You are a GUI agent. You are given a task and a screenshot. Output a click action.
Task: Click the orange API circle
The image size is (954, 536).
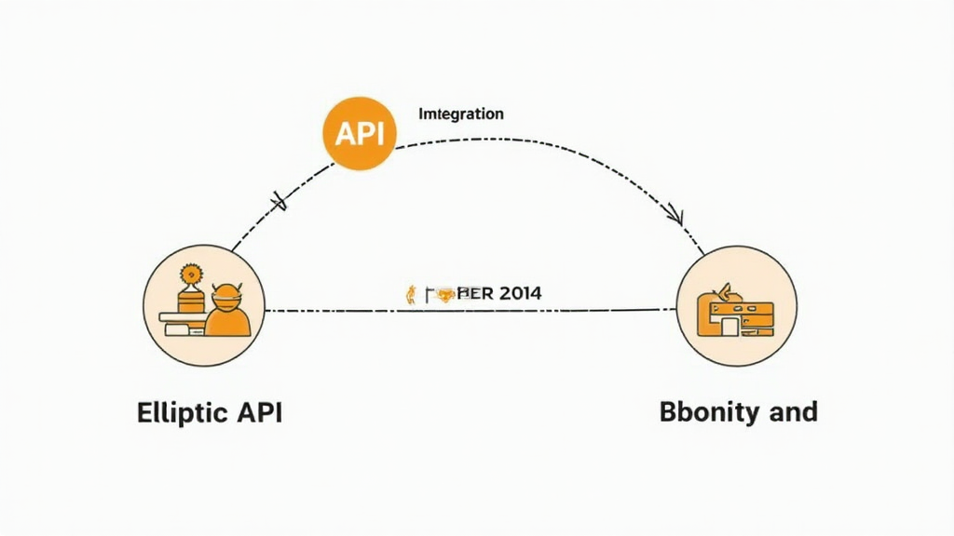pos(359,133)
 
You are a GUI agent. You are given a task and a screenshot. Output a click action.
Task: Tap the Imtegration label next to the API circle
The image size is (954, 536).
pos(461,114)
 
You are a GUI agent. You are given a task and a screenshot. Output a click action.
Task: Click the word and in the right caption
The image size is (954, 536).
pos(793,412)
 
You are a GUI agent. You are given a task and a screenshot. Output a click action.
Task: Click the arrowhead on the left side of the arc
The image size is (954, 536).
pos(278,199)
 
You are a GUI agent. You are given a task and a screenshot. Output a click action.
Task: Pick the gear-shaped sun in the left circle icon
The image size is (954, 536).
pos(193,275)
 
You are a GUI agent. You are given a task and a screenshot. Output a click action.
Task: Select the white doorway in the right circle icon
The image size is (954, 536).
pos(725,326)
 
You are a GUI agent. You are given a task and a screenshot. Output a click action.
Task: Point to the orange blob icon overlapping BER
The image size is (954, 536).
pos(445,295)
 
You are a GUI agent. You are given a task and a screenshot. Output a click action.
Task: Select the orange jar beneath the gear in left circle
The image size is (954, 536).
pos(192,301)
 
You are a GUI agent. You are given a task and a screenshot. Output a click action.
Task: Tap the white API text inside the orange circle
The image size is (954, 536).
pos(359,134)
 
